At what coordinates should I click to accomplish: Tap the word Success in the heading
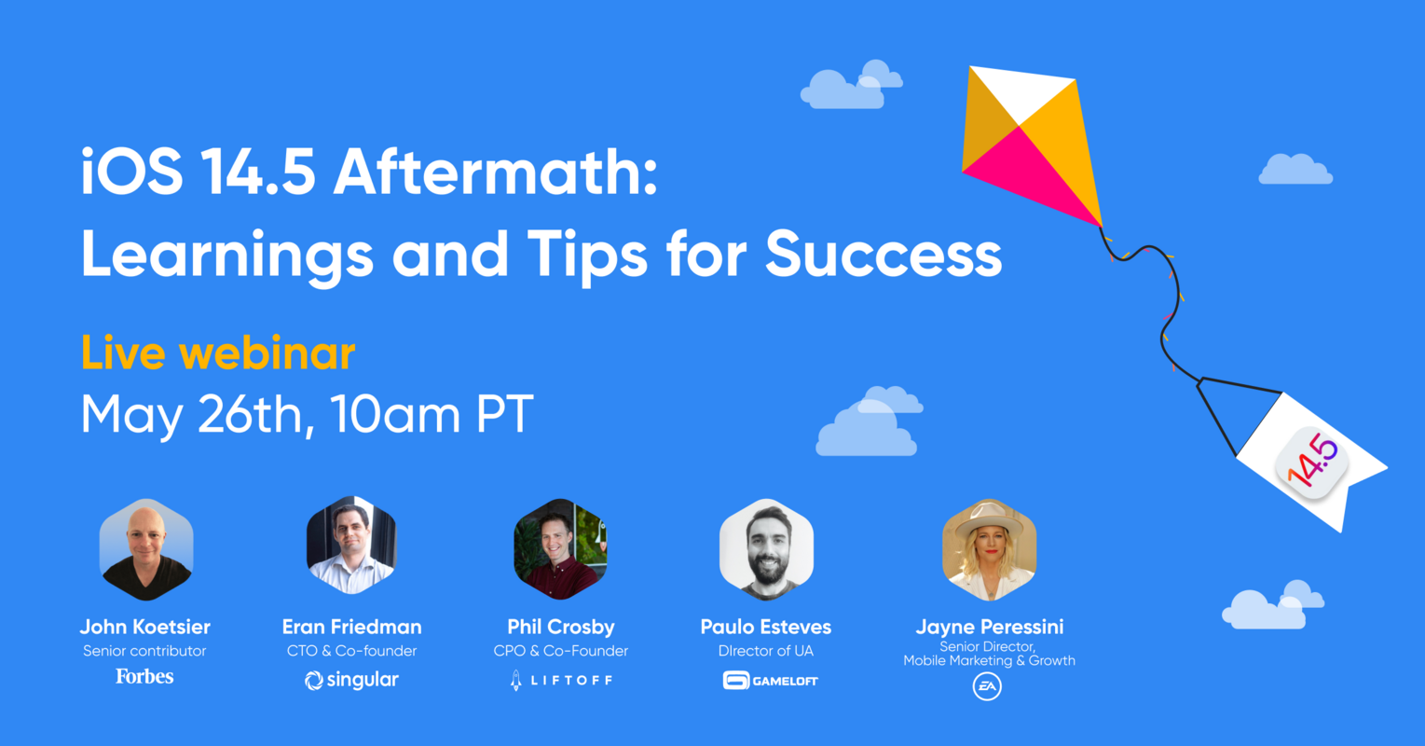point(884,254)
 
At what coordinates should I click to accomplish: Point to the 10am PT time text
point(431,414)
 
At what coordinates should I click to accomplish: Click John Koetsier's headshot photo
point(146,549)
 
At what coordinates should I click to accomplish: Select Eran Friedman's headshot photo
point(351,547)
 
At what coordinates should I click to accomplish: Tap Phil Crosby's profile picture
point(560,549)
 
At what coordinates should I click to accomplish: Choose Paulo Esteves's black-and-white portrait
point(766,549)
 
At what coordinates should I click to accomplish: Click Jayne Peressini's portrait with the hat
point(989,549)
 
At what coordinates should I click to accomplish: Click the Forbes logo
point(144,676)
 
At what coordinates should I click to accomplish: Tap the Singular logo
point(351,681)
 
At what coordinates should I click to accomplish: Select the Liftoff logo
point(560,681)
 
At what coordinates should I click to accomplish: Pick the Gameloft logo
point(770,681)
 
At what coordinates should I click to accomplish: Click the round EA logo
point(987,687)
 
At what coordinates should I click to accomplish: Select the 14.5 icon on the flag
point(1312,463)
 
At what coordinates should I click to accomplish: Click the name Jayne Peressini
point(989,627)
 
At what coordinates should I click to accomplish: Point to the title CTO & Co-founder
point(351,651)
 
